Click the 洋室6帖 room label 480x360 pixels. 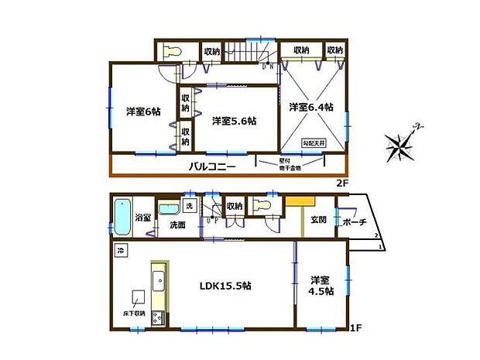[x=143, y=111]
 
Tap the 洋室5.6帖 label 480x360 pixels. [x=235, y=121]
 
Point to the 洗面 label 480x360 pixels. [x=177, y=225]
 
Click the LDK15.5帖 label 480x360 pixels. [x=225, y=286]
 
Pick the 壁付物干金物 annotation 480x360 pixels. [x=270, y=165]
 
